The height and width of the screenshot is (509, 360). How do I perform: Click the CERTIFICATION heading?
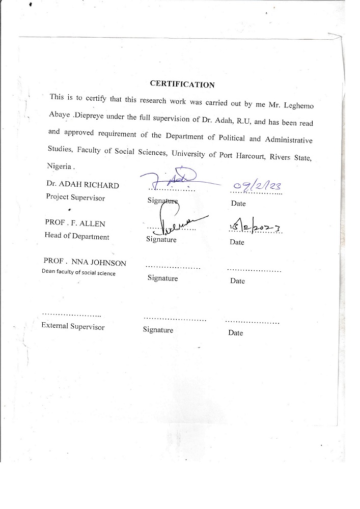182,84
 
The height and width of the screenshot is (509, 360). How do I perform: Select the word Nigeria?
60,166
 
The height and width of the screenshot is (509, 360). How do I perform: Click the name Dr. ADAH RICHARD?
82,185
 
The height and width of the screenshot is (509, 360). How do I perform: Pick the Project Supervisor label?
75,197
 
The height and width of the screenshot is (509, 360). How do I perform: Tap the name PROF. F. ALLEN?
75,223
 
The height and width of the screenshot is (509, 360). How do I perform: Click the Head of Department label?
77,236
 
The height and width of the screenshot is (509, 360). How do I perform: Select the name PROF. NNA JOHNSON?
85,263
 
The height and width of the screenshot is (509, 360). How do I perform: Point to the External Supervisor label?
72,326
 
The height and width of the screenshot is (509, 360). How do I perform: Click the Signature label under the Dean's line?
162,278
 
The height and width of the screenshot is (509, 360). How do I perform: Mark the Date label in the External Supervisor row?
235,333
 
